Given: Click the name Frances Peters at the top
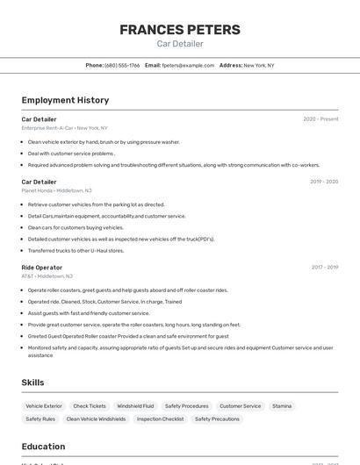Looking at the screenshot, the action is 179,30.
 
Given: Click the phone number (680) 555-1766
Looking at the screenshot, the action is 122,65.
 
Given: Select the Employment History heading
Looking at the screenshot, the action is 65,100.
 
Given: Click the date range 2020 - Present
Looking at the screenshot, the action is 320,118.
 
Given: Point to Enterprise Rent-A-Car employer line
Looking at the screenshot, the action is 65,127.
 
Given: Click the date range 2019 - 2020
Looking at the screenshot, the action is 324,182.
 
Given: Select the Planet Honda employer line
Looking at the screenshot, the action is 56,190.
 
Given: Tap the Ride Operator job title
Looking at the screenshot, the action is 42,267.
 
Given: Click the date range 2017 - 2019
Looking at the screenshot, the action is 324,267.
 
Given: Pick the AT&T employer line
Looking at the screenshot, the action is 47,275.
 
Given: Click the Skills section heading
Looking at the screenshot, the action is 32,383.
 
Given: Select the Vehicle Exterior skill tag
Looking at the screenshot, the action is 44,406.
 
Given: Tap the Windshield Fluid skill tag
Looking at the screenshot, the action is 135,406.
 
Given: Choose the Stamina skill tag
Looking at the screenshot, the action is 282,406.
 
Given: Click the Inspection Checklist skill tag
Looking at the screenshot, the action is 161,419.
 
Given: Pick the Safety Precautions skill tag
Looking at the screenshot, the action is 217,419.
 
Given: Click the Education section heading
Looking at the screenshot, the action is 44,446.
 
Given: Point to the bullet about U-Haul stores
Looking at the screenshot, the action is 76,250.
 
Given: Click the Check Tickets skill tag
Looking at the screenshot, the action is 90,406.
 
